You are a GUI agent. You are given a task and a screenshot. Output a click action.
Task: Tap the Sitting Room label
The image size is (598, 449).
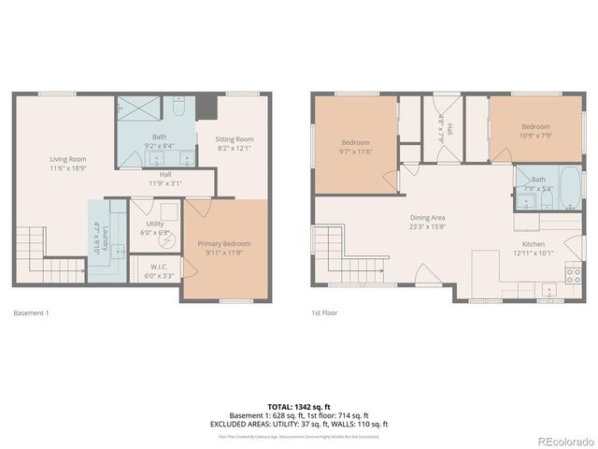click(235, 138)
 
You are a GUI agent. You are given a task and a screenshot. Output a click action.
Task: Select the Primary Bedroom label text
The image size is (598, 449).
click(224, 243)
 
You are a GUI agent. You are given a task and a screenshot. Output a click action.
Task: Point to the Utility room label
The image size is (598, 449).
click(154, 224)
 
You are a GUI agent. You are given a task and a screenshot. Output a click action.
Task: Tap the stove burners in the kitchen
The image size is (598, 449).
click(573, 273)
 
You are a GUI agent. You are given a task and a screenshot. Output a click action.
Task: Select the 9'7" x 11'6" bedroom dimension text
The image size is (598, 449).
click(356, 151)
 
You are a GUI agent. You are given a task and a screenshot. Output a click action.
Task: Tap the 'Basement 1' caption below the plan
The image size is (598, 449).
click(32, 313)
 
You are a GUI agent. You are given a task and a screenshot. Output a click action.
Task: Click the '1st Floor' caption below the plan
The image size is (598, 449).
click(323, 313)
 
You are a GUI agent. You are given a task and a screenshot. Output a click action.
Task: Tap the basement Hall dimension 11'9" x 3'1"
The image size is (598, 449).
click(164, 183)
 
